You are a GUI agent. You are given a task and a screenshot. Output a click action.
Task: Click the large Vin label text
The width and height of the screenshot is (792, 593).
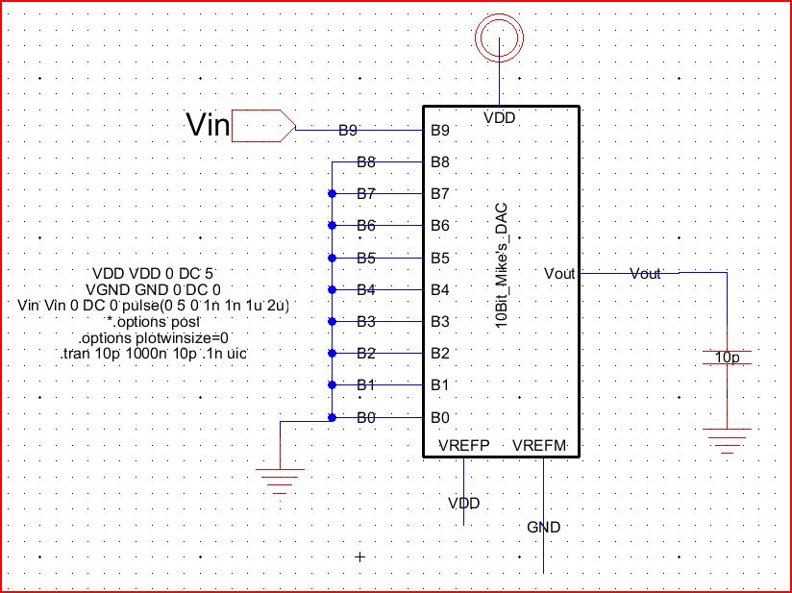pyautogui.click(x=207, y=124)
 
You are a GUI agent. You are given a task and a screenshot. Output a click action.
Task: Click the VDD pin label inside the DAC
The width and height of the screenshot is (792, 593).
pyautogui.click(x=499, y=118)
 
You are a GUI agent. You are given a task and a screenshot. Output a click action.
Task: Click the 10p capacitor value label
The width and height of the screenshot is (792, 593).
pyautogui.click(x=729, y=358)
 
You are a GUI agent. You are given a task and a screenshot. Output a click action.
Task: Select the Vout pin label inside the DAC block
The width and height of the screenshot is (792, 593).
pyautogui.click(x=558, y=274)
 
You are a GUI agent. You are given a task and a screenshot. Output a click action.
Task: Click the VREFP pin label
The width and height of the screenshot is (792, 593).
pyautogui.click(x=464, y=446)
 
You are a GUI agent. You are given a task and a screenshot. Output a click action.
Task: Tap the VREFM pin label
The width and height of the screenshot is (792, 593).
pyautogui.click(x=541, y=446)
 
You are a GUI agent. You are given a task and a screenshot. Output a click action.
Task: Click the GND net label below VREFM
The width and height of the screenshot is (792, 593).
pyautogui.click(x=543, y=527)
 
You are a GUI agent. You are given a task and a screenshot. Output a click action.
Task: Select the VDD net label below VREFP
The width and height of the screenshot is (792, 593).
pyautogui.click(x=463, y=503)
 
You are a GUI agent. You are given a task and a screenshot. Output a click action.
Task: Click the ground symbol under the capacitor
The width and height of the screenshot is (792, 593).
pyautogui.click(x=728, y=437)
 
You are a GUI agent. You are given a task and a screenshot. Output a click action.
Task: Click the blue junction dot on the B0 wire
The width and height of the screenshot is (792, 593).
pyautogui.click(x=332, y=417)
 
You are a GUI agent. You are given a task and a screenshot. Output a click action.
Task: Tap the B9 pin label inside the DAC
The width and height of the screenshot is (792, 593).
pyautogui.click(x=440, y=130)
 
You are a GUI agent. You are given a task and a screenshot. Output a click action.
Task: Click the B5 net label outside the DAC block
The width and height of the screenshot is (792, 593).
pyautogui.click(x=364, y=258)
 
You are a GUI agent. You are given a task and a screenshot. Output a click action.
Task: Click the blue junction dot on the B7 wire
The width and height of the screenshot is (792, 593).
pyautogui.click(x=332, y=193)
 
